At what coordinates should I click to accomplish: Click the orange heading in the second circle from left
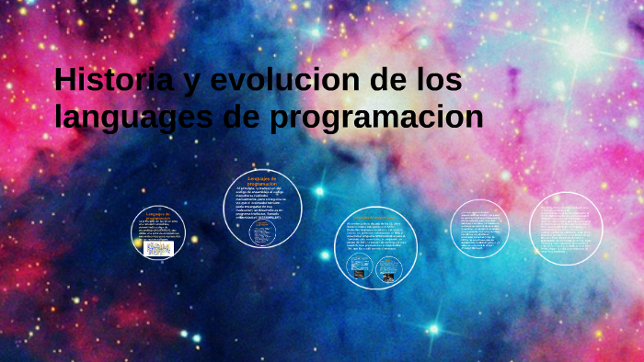262,180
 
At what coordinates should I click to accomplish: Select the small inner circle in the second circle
262,231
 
